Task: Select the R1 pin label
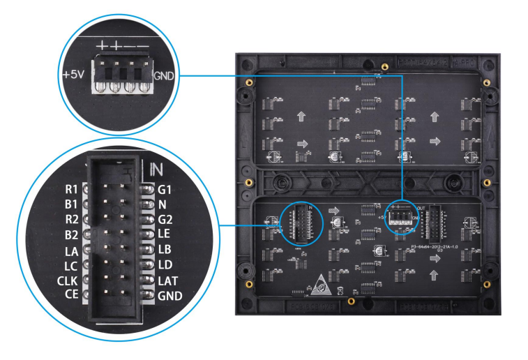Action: click(72, 188)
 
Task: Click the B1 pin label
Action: click(72, 204)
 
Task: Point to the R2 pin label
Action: click(72, 219)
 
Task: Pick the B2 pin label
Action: click(72, 234)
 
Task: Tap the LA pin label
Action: click(72, 250)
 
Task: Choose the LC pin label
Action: click(72, 265)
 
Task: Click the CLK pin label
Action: click(68, 280)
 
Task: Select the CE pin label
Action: click(72, 296)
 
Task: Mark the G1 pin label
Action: click(165, 188)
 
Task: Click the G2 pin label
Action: click(165, 219)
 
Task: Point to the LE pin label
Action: click(165, 234)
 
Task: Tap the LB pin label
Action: click(165, 250)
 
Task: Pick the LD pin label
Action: click(165, 265)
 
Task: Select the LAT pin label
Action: click(167, 280)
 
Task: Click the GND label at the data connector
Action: click(169, 296)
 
